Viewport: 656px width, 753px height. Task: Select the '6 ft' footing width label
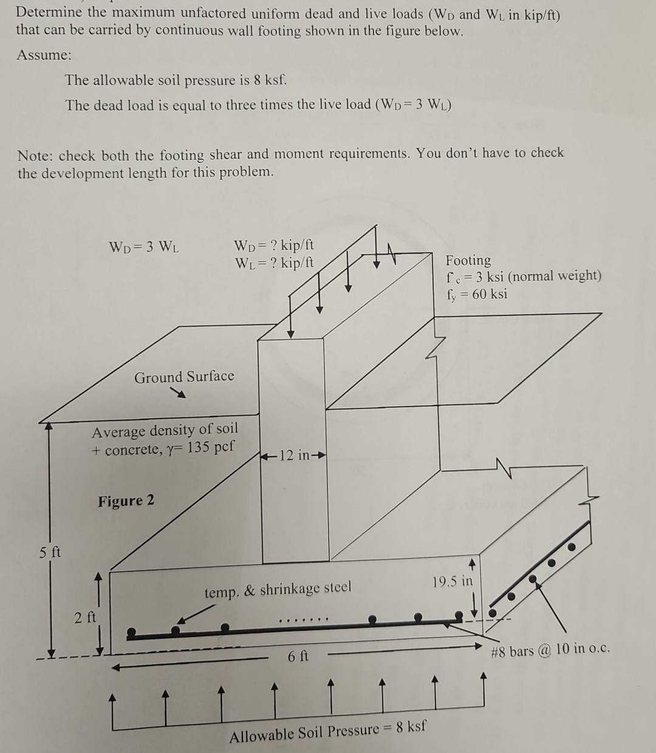point(298,656)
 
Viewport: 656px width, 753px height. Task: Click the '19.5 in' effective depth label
point(453,580)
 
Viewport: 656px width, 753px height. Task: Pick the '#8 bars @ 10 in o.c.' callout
point(550,651)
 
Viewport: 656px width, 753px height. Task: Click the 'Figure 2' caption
point(126,501)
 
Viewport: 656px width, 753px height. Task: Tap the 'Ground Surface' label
point(184,377)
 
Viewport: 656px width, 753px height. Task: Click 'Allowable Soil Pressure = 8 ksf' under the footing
point(327,731)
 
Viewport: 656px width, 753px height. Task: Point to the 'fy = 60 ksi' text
point(477,294)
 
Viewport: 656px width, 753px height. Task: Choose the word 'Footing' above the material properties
point(468,260)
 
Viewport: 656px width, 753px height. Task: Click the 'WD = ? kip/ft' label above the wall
point(274,246)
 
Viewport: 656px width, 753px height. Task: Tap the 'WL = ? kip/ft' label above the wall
point(274,263)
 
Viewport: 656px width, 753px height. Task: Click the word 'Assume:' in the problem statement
point(44,55)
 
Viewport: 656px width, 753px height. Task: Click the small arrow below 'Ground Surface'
point(177,394)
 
